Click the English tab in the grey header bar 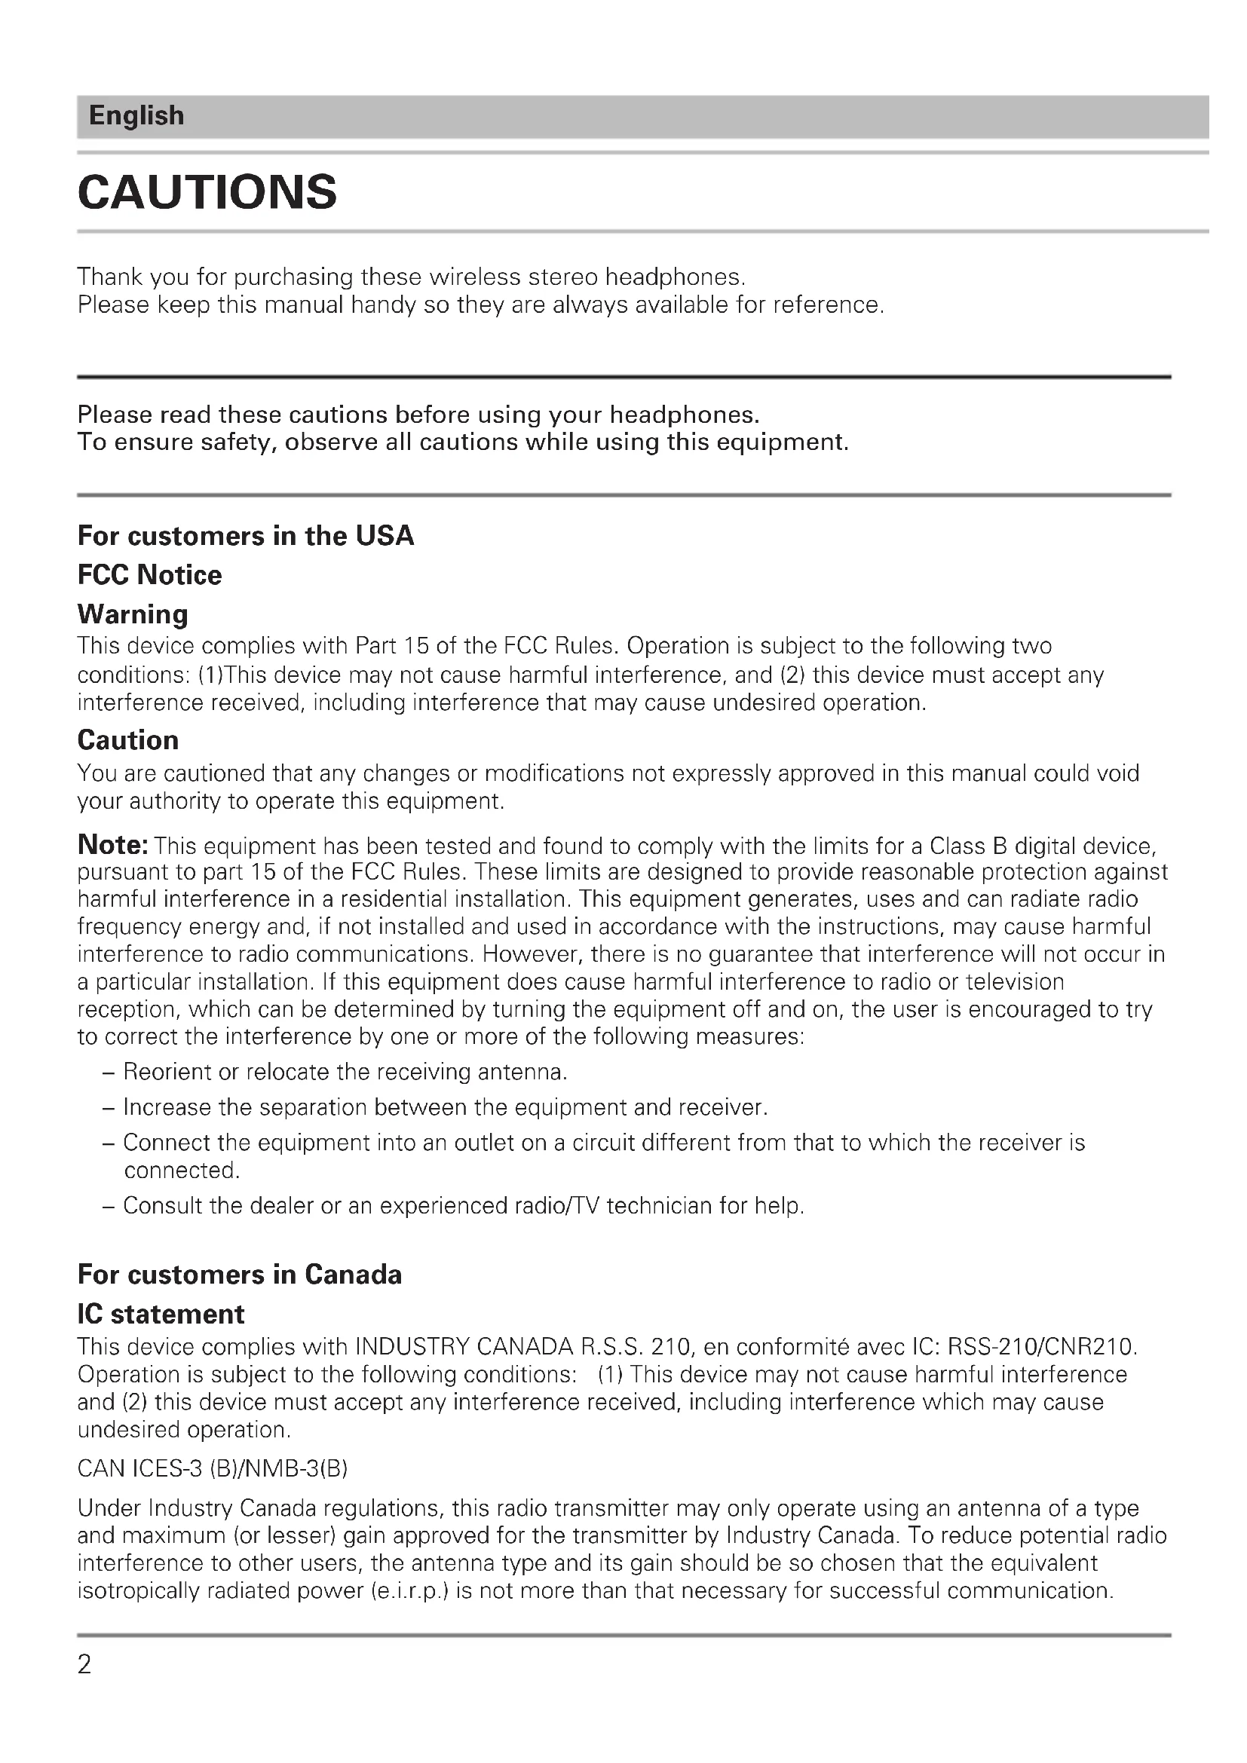click(136, 116)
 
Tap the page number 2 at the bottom click(84, 1665)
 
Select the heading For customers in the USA click(246, 536)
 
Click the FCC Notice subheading click(150, 575)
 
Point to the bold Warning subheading click(133, 614)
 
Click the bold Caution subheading click(128, 740)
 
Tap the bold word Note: click(113, 845)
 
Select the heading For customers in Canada click(240, 1275)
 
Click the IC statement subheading click(161, 1315)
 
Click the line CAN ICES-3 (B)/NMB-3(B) click(213, 1469)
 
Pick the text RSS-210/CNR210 click(1042, 1348)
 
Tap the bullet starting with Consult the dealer click(463, 1205)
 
